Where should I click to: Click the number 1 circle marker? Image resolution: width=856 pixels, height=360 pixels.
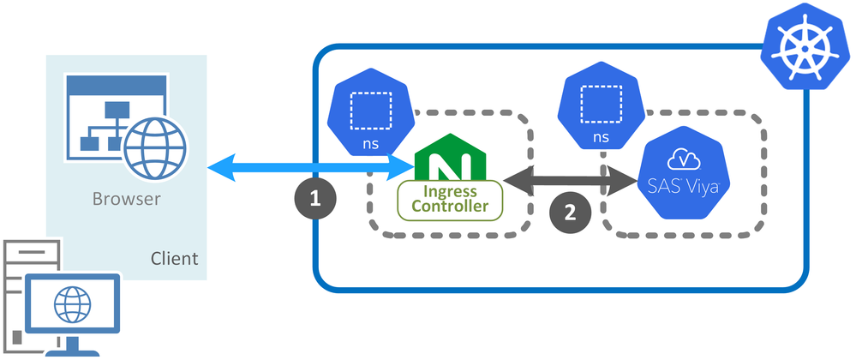coord(314,199)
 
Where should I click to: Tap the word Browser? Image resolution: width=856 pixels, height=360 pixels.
coord(127,201)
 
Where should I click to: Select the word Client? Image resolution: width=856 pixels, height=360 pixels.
coord(174,258)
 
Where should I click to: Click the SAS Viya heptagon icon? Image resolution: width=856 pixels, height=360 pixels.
coord(683,171)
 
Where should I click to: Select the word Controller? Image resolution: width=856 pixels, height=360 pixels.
coord(450,207)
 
